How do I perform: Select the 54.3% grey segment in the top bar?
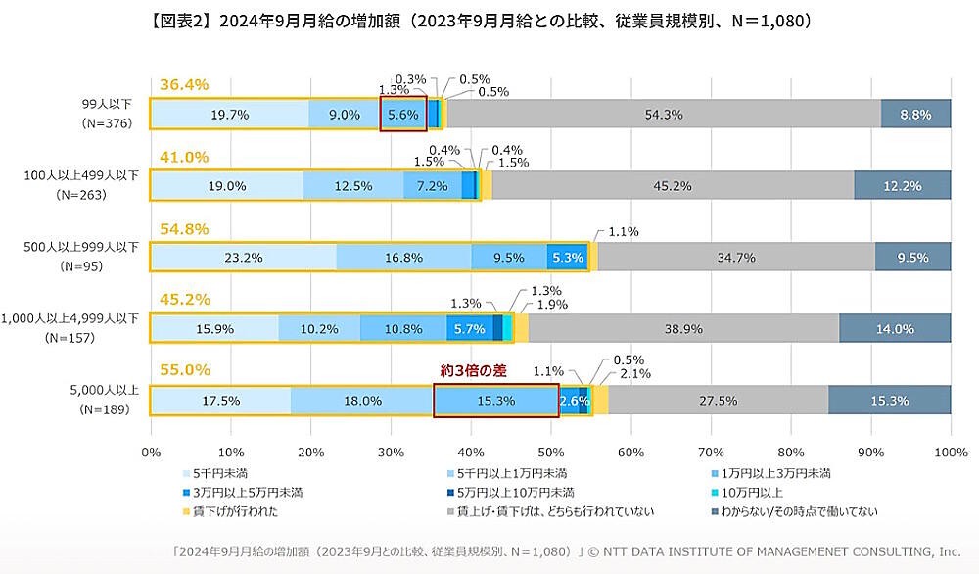click(664, 115)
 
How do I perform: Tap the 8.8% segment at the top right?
click(915, 115)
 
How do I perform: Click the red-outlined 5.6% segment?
click(403, 115)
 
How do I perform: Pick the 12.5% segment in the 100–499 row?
click(352, 186)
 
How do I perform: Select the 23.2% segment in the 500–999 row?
click(243, 258)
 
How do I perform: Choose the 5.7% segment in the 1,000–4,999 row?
click(470, 329)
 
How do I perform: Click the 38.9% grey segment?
click(682, 329)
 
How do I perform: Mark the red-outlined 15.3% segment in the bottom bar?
click(495, 401)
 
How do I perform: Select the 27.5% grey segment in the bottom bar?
click(718, 401)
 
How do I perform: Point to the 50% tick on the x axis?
click(550, 453)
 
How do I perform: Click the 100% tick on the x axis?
click(951, 453)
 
